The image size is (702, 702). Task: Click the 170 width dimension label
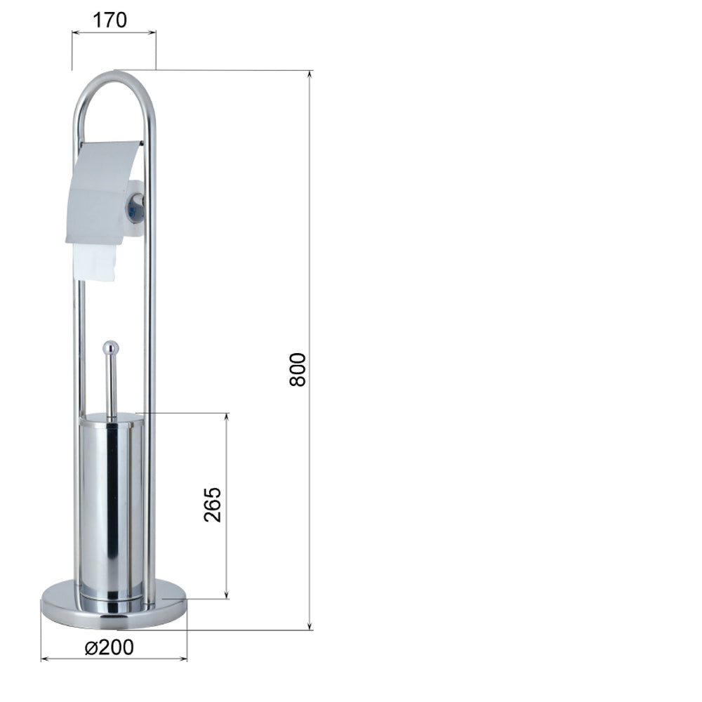click(x=110, y=20)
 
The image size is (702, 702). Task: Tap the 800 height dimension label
click(x=297, y=369)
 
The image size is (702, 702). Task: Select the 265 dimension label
click(x=213, y=505)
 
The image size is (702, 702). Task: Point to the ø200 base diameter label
click(x=110, y=647)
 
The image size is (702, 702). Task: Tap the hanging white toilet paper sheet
click(x=95, y=263)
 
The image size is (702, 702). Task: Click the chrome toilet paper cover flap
click(x=104, y=192)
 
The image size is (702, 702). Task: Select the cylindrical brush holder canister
click(x=112, y=506)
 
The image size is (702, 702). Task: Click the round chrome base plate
click(x=114, y=604)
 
